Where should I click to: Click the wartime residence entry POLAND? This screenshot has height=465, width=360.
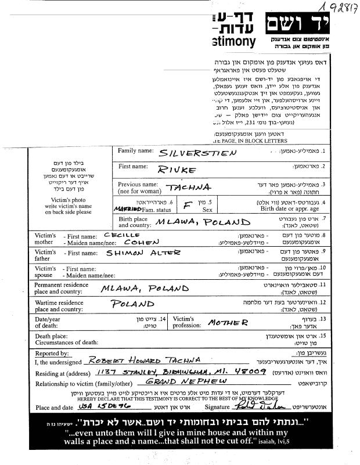pos(132,304)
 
